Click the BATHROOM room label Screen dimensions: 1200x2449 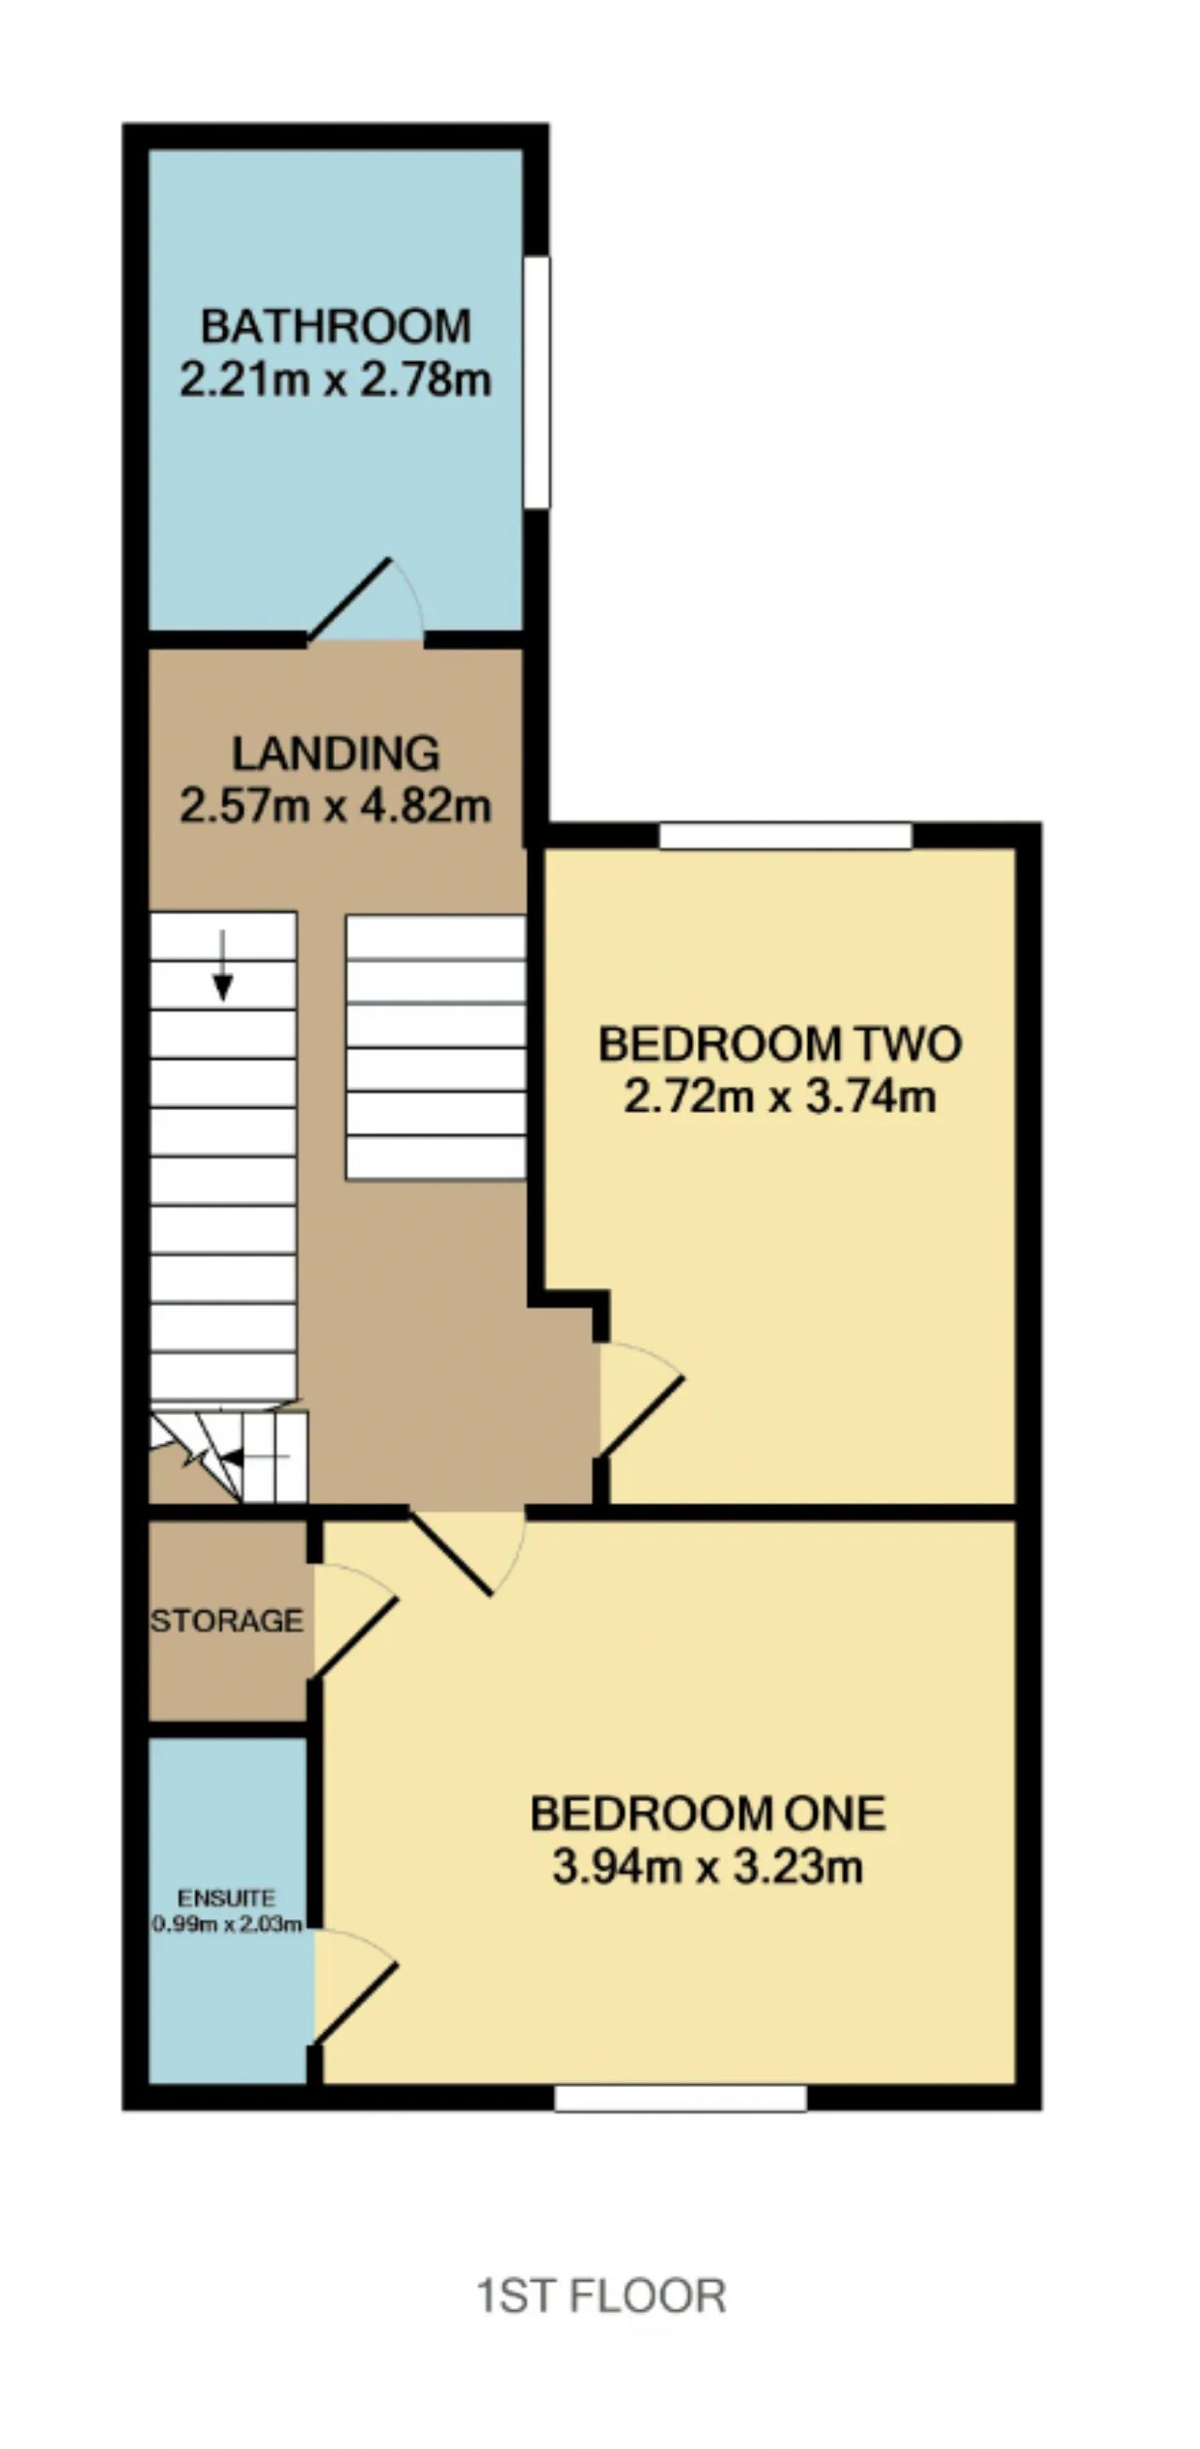click(x=336, y=327)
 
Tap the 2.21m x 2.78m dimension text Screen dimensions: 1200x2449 click(x=336, y=381)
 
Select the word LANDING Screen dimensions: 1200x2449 click(x=336, y=754)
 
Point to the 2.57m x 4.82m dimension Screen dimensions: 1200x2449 click(x=336, y=807)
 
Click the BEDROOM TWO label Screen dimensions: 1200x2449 click(x=780, y=1044)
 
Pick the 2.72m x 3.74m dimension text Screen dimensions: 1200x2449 click(x=780, y=1097)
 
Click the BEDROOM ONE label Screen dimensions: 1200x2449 click(x=708, y=1814)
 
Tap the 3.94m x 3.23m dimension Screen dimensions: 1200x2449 click(x=708, y=1867)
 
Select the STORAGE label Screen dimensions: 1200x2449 click(x=227, y=1621)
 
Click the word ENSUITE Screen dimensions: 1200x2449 click(x=226, y=1900)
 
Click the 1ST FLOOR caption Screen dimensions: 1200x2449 click(x=601, y=2295)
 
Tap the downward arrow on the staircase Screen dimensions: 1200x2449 click(x=222, y=965)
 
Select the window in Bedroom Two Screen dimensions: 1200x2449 click(x=786, y=836)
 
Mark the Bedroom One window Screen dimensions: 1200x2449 click(x=681, y=2097)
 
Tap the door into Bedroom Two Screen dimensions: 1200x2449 click(x=639, y=1401)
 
